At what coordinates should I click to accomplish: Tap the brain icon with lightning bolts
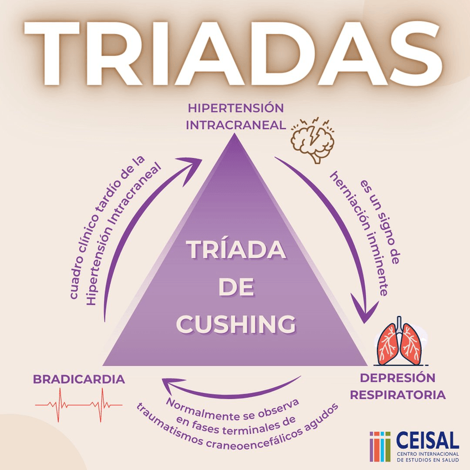point(311,139)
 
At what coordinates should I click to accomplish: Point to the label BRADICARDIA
point(79,380)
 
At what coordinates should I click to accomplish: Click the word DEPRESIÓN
point(397,379)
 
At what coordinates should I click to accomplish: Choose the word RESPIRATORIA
point(398,395)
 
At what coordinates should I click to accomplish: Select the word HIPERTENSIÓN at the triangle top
point(236,108)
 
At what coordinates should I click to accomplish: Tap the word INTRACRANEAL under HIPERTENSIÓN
point(236,125)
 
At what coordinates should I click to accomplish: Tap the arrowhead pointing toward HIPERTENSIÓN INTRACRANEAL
point(196,162)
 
